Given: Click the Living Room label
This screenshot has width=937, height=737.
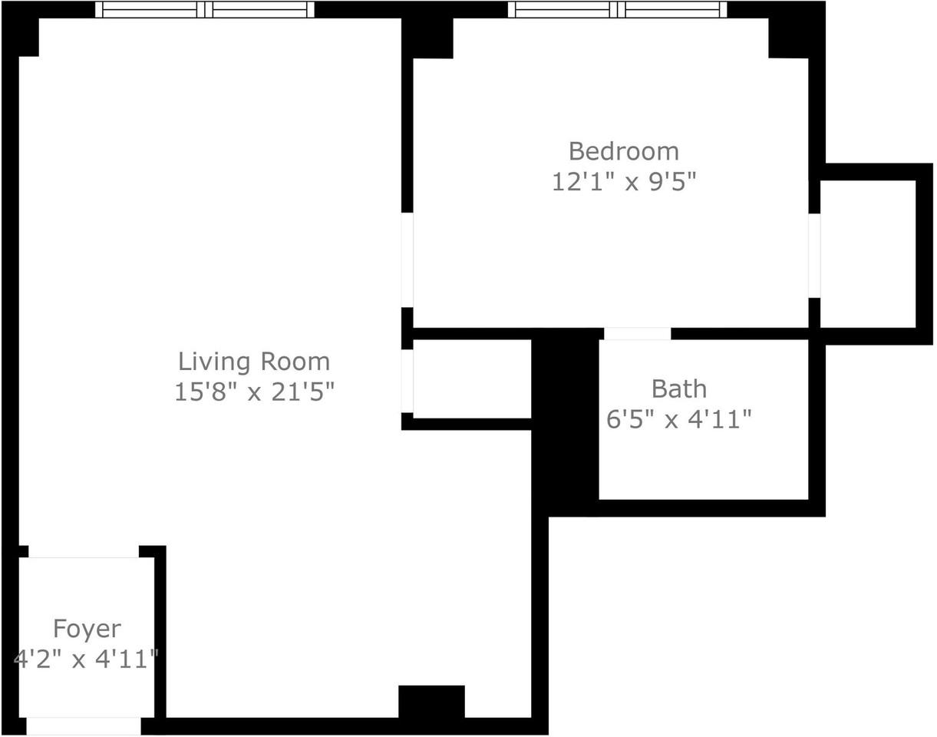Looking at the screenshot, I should point(254,361).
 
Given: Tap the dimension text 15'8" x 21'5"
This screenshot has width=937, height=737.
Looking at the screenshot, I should point(254,392).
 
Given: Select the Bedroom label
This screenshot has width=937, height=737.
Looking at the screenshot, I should point(623,150).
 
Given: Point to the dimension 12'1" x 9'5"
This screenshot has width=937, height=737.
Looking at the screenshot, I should point(623,182).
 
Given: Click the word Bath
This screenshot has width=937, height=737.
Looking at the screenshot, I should point(678,388).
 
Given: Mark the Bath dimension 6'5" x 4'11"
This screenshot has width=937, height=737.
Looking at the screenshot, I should point(678,419).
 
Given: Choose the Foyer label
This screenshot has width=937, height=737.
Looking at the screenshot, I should point(87,629).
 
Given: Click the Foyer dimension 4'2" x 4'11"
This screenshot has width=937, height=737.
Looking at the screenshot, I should point(86,659).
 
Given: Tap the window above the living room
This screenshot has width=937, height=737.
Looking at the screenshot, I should point(205,9).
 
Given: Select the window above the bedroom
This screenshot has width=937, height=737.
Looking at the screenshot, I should point(617,9).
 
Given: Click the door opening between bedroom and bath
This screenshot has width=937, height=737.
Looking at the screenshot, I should point(637,334).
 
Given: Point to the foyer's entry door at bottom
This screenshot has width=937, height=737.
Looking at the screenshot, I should point(84,725).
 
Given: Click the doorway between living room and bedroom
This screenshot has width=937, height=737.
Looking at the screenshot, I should point(407,259).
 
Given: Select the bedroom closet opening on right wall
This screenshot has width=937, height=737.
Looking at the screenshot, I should point(814,255).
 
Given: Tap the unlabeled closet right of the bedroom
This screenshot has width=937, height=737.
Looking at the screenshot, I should point(868,253).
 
